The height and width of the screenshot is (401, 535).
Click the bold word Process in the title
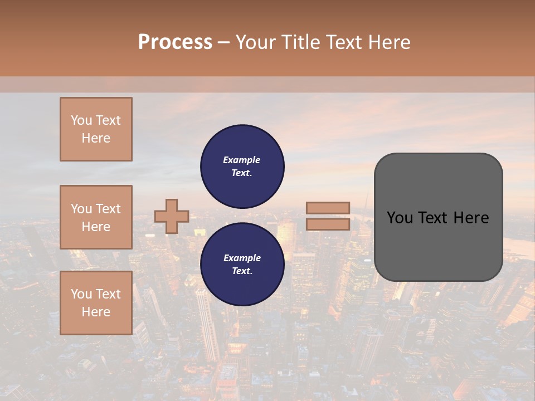click(175, 42)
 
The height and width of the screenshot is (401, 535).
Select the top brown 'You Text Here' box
click(96, 129)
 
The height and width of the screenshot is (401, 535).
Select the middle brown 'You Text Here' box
click(96, 217)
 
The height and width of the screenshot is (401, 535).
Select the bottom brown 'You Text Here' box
click(96, 303)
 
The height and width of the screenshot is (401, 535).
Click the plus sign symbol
click(172, 216)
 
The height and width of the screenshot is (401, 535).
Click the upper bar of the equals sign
click(328, 208)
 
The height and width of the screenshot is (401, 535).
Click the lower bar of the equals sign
click(328, 224)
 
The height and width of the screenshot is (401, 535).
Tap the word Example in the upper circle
click(242, 160)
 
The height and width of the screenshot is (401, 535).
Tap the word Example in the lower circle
click(242, 258)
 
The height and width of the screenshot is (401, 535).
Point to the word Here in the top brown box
click(96, 138)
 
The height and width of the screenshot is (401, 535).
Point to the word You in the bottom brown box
click(81, 294)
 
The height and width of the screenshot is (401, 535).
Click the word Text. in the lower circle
click(242, 271)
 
